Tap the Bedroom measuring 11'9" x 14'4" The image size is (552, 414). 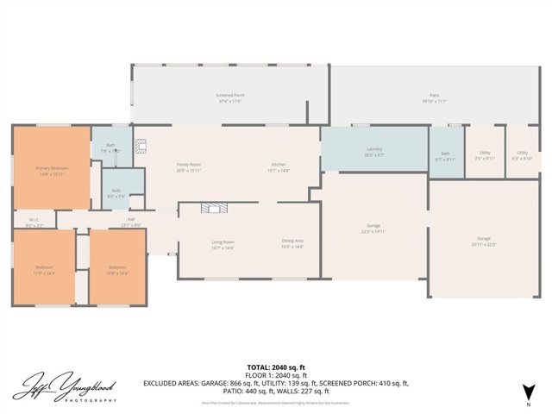click(x=44, y=269)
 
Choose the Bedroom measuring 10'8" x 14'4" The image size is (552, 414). click(x=117, y=269)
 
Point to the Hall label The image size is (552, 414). click(x=131, y=221)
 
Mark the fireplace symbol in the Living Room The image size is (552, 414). click(x=212, y=208)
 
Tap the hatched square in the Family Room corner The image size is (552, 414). click(x=142, y=147)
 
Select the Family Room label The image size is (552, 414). click(x=189, y=166)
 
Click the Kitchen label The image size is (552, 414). click(x=279, y=166)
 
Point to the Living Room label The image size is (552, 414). click(x=223, y=244)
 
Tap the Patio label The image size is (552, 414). click(x=435, y=97)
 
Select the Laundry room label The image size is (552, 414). click(x=374, y=151)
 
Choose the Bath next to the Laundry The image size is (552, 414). click(x=446, y=155)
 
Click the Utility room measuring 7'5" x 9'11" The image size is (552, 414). click(x=485, y=155)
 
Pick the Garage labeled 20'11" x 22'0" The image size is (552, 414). click(x=484, y=241)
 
